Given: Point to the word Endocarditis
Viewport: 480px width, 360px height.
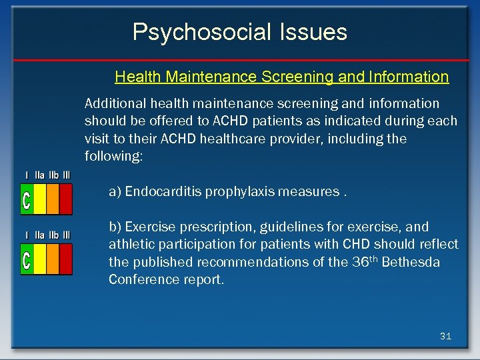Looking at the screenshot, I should [163, 192].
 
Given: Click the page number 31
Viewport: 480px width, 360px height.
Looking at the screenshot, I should [445, 337].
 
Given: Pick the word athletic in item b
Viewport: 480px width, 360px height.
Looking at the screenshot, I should [130, 244].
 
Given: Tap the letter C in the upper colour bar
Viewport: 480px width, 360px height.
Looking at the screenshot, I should [27, 199].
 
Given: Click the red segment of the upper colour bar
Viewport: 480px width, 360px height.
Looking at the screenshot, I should [66, 199].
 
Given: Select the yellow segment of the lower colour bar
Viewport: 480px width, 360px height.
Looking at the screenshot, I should [40, 259].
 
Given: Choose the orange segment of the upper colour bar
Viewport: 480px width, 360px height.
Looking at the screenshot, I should [53, 199].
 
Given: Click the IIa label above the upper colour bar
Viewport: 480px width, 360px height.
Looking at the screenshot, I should [39, 175].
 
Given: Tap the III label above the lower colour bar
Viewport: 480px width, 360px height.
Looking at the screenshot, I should [66, 235].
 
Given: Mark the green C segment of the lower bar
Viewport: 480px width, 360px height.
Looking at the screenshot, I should [27, 259].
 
